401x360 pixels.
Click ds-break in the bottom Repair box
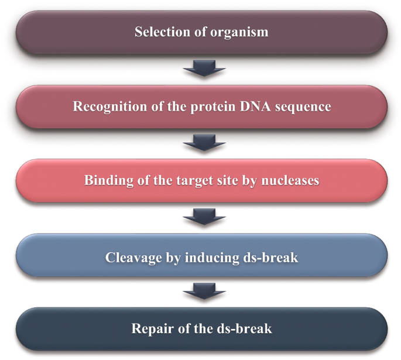tap(245, 329)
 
